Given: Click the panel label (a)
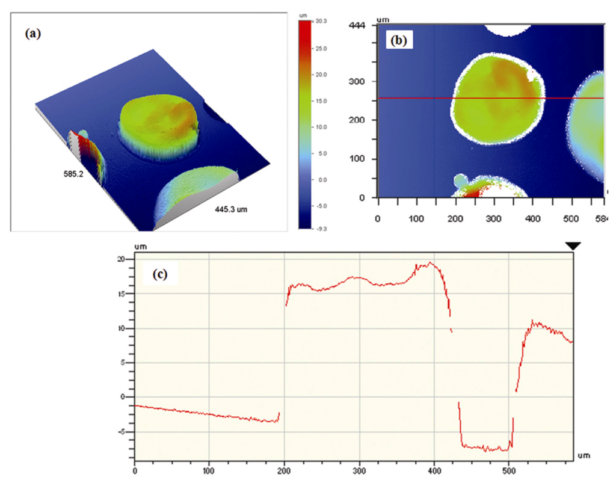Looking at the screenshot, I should click(x=32, y=34).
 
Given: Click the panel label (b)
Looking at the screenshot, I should click(x=399, y=41).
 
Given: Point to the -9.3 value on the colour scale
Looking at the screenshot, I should click(x=320, y=229).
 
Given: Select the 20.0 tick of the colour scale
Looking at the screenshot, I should click(x=320, y=75).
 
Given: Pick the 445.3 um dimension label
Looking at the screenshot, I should click(x=232, y=210).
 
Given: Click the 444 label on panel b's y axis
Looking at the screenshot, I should click(x=359, y=25).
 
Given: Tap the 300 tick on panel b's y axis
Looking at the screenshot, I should click(x=359, y=81).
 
